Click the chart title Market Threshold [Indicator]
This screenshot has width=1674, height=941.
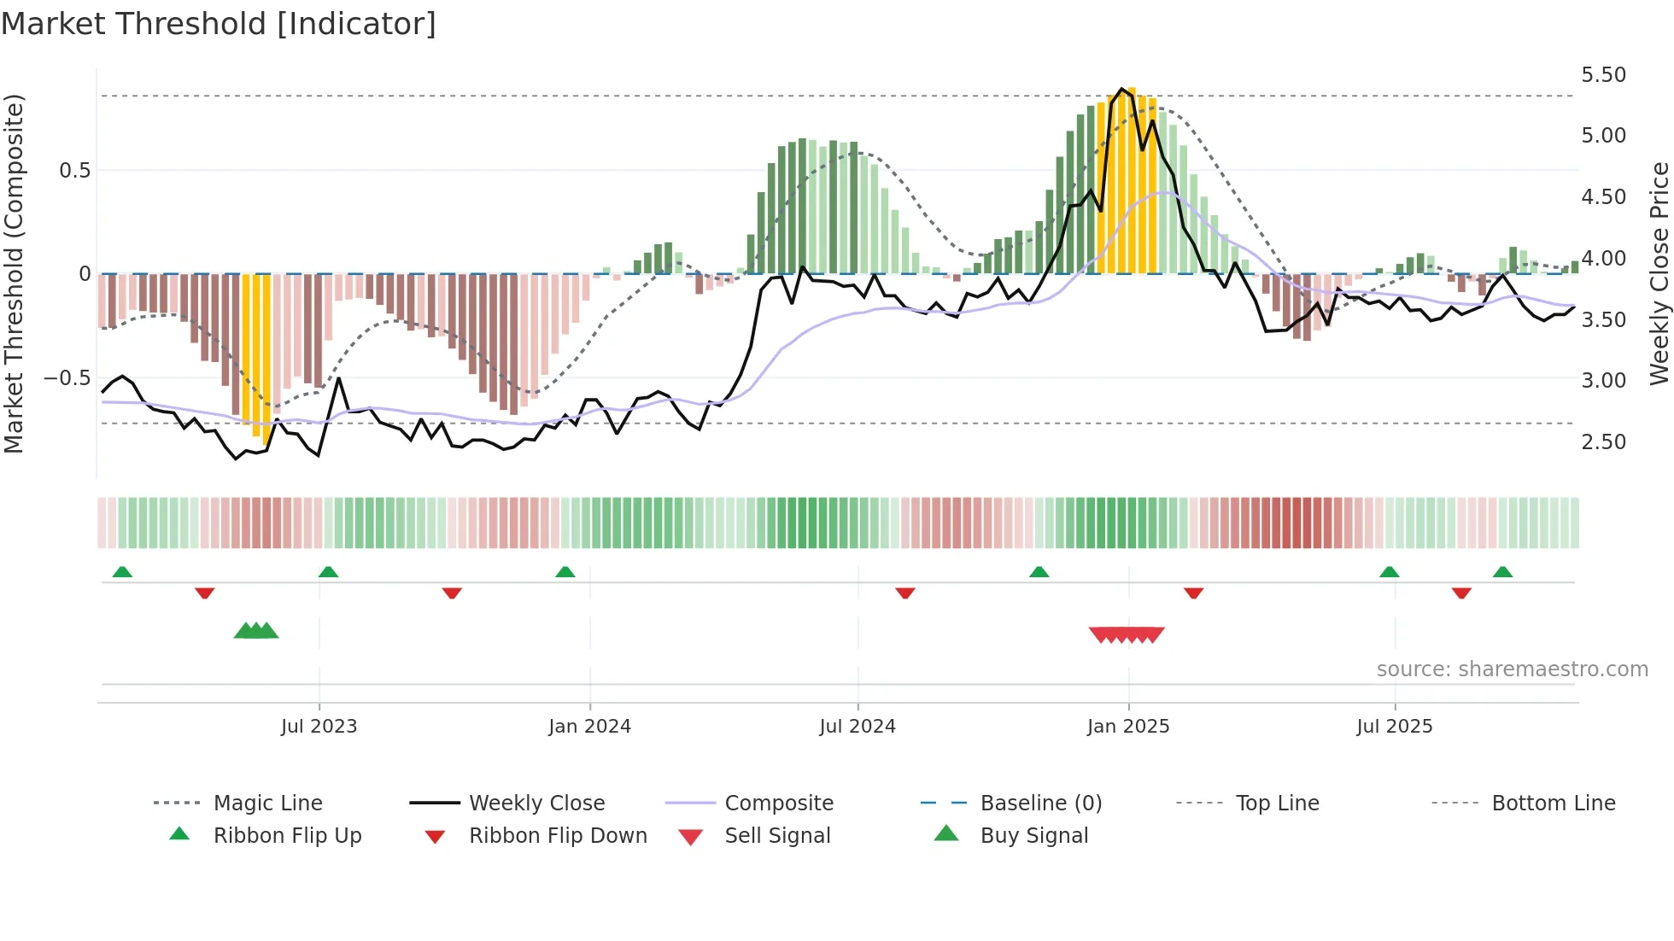click(219, 24)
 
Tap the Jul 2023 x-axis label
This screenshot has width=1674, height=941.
click(319, 727)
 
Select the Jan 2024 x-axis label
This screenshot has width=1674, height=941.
click(589, 727)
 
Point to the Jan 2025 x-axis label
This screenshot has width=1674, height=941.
click(1127, 727)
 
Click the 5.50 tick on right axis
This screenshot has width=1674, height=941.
click(1603, 75)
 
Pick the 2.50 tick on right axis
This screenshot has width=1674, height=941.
click(1603, 442)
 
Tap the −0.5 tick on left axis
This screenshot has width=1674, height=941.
click(67, 377)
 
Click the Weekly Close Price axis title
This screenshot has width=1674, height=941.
click(1659, 273)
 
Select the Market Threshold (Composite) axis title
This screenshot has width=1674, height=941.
click(14, 273)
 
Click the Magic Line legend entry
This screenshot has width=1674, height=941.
click(267, 804)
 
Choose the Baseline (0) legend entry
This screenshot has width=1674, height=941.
click(1040, 804)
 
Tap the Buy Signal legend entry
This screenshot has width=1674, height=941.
click(1033, 836)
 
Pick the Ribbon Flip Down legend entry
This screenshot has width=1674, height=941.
click(557, 836)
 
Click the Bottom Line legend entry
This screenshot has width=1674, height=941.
click(1553, 804)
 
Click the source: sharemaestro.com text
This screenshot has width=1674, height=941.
click(1512, 669)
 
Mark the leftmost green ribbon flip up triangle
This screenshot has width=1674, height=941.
click(122, 571)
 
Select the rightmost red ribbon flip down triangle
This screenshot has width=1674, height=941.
click(1461, 593)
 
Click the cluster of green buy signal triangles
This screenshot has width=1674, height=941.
click(256, 631)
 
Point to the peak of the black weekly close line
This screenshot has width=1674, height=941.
click(1121, 89)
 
